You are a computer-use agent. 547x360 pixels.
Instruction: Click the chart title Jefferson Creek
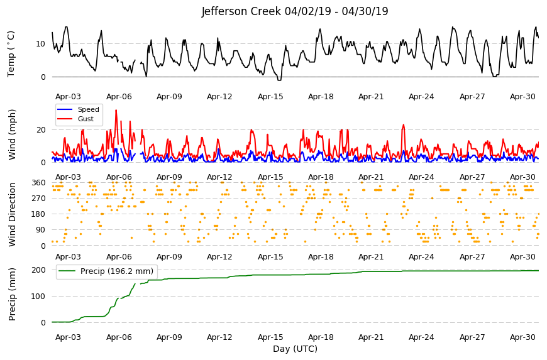coord(241,11)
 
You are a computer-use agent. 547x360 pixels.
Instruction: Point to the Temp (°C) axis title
coord(11,53)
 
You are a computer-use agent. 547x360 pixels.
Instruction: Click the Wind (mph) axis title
coord(12,134)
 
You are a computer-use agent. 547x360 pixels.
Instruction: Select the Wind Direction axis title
coord(12,214)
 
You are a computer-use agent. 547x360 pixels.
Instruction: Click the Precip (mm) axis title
coord(12,294)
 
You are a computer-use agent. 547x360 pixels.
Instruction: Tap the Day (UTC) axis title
coord(295,349)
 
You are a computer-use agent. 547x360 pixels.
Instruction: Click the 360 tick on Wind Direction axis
coord(39,183)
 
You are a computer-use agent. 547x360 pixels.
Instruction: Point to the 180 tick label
coord(39,214)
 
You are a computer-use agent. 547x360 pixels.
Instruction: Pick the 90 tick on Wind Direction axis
coord(41,230)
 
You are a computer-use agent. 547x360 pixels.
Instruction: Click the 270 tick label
coord(39,199)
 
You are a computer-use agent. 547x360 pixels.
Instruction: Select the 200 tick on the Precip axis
coord(39,270)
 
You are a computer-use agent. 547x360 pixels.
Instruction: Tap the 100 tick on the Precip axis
coord(39,296)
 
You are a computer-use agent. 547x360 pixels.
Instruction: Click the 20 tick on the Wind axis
coord(41,130)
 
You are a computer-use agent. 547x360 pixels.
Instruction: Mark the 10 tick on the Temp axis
coord(41,43)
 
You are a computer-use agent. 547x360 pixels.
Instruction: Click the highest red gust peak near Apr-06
coord(116,111)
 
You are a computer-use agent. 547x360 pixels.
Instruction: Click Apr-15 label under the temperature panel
coord(270,97)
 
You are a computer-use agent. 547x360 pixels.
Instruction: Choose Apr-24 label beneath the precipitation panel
coord(421,337)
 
